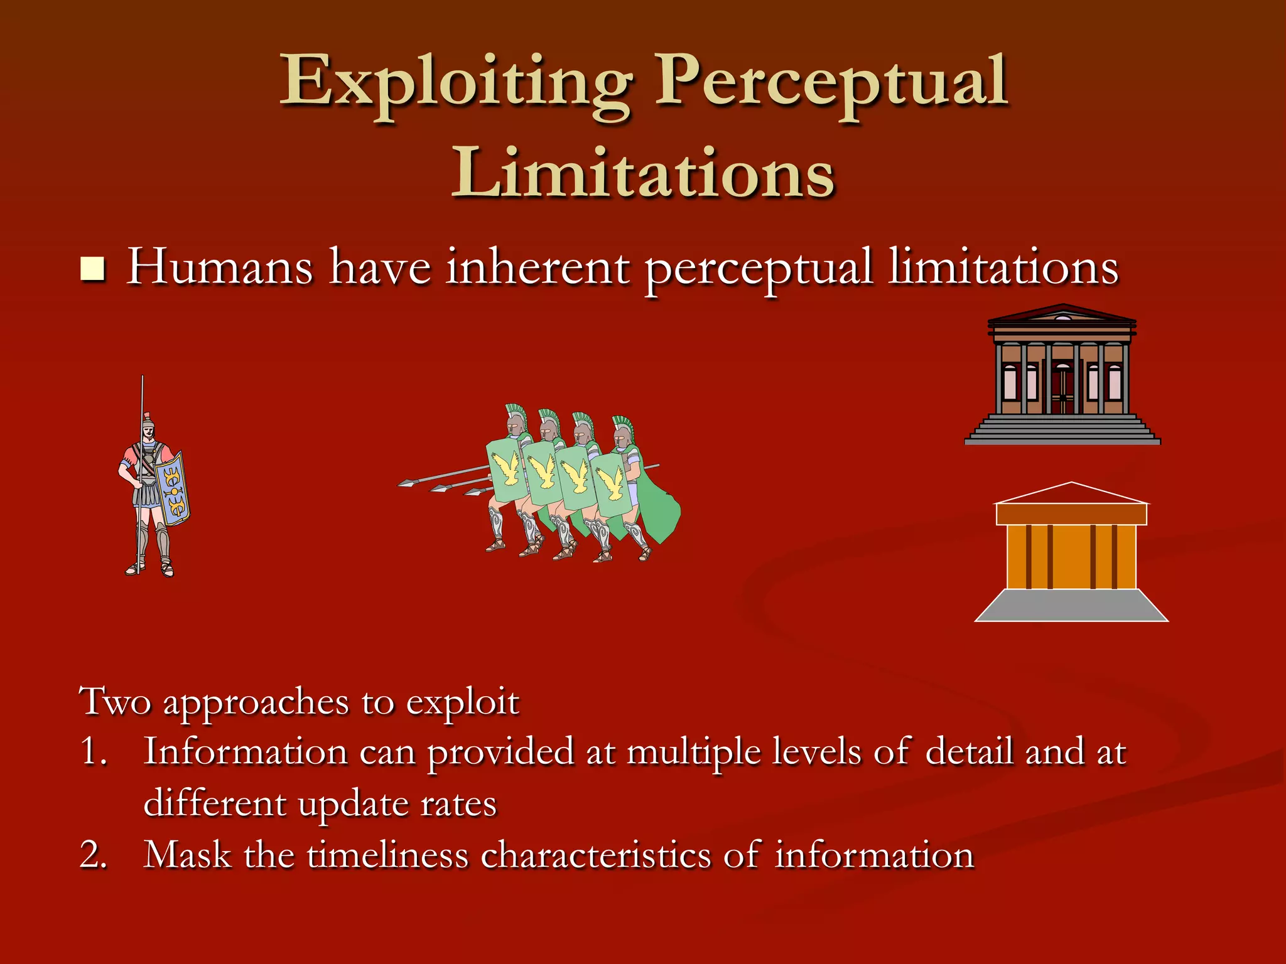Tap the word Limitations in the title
point(642,173)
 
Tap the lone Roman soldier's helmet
point(148,421)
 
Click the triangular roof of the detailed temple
point(1062,313)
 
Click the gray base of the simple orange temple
point(1071,606)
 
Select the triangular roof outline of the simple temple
point(1071,493)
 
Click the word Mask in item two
point(187,855)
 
